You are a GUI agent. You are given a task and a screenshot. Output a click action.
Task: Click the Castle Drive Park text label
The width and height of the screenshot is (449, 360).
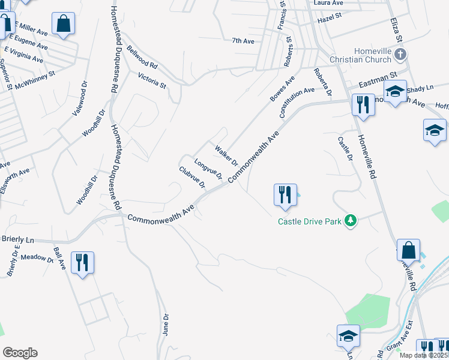[x=309, y=221]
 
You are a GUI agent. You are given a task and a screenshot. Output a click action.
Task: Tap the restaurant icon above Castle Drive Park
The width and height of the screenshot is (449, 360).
[x=284, y=194]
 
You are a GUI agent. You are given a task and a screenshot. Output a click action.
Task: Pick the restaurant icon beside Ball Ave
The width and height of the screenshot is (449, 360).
[x=82, y=262]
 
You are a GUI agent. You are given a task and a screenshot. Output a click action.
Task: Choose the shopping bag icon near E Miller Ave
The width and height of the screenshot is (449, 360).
[x=62, y=25]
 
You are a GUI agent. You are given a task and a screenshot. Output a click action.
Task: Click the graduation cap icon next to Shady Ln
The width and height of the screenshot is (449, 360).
[x=395, y=92]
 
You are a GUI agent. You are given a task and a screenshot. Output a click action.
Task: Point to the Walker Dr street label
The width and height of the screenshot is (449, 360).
[x=226, y=155]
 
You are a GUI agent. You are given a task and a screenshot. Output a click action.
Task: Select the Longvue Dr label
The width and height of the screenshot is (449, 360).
[x=208, y=169]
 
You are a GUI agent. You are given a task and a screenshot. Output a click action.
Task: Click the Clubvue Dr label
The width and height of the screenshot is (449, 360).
[x=192, y=176]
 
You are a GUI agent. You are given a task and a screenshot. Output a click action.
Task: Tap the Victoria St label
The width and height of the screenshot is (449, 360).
[x=152, y=80]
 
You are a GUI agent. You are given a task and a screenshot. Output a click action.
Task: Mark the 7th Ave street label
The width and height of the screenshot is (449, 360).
[x=243, y=41]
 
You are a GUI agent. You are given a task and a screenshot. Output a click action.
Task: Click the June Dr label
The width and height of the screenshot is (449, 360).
[x=166, y=323]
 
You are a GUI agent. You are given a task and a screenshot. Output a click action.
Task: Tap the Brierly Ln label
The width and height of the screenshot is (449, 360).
[x=17, y=239]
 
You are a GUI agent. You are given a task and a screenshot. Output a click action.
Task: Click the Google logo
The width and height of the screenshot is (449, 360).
[x=20, y=353]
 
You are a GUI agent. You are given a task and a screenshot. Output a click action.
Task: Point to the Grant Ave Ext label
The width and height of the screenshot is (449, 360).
[x=400, y=338]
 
